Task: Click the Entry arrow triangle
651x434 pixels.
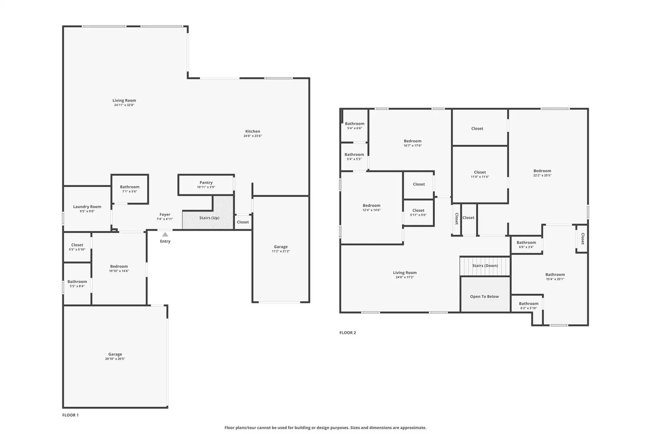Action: pyautogui.click(x=165, y=234)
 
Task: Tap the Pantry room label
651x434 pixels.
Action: pyautogui.click(x=206, y=182)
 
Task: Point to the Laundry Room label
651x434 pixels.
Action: pyautogui.click(x=87, y=207)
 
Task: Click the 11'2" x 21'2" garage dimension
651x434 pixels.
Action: pyautogui.click(x=281, y=251)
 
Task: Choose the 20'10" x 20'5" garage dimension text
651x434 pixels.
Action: pyautogui.click(x=115, y=359)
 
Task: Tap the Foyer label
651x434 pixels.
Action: pyautogui.click(x=165, y=215)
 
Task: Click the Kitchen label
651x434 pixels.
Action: pyautogui.click(x=252, y=131)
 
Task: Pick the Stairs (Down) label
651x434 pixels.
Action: pyautogui.click(x=485, y=266)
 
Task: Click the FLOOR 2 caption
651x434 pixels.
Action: pyautogui.click(x=348, y=333)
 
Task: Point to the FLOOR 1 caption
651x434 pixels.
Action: pyautogui.click(x=70, y=415)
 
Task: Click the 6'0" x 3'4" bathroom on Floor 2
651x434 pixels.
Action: pyautogui.click(x=526, y=244)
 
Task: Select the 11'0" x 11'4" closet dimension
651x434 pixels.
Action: pyautogui.click(x=480, y=177)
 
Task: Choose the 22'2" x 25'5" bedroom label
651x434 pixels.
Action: pyautogui.click(x=542, y=173)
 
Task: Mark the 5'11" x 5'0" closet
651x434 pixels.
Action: pyautogui.click(x=418, y=213)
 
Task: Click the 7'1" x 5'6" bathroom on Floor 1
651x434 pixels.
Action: pyautogui.click(x=130, y=189)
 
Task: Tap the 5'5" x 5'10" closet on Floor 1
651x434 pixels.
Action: pyautogui.click(x=77, y=247)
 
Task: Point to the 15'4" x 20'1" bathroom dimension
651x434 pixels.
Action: pyautogui.click(x=555, y=279)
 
